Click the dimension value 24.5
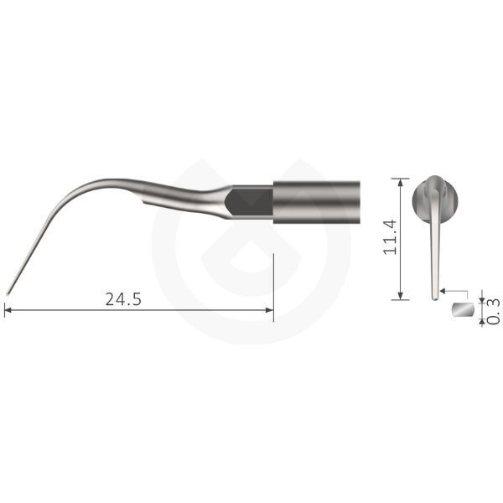tap(123, 299)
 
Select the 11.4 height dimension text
tap(390, 237)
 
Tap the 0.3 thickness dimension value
tap(494, 311)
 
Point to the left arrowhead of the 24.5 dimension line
tap(8, 310)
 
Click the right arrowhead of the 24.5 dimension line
tap(270, 310)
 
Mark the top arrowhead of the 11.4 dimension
tap(400, 182)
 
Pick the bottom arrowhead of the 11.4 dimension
tap(400, 296)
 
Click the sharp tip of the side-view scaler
tap(8, 293)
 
